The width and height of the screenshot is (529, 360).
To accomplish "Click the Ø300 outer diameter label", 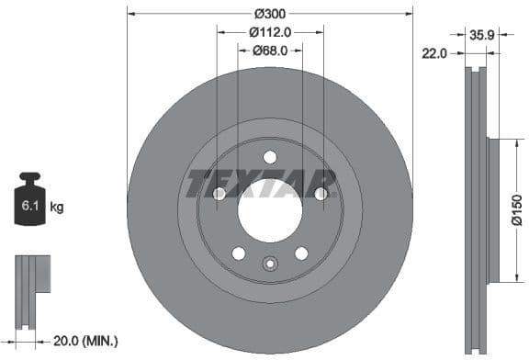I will (269, 14).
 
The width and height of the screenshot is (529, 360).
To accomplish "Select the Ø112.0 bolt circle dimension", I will (270, 32).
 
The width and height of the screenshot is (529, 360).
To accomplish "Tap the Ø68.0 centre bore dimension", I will (270, 51).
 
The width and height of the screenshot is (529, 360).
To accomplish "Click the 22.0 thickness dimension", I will (433, 53).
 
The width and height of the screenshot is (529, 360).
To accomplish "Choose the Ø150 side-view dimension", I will (517, 209).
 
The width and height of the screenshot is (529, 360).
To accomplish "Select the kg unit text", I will (57, 208).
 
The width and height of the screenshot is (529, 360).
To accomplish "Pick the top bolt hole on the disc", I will (269, 157).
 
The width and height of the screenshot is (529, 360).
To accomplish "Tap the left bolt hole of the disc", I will (219, 194).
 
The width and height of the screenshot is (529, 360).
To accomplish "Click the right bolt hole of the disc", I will (320, 194).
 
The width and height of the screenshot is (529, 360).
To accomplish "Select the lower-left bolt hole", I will (238, 253).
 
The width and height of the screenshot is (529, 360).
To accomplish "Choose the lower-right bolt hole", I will (300, 253).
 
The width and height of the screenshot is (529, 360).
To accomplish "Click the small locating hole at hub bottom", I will (269, 264).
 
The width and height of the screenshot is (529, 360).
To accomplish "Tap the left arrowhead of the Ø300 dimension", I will (130, 14).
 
